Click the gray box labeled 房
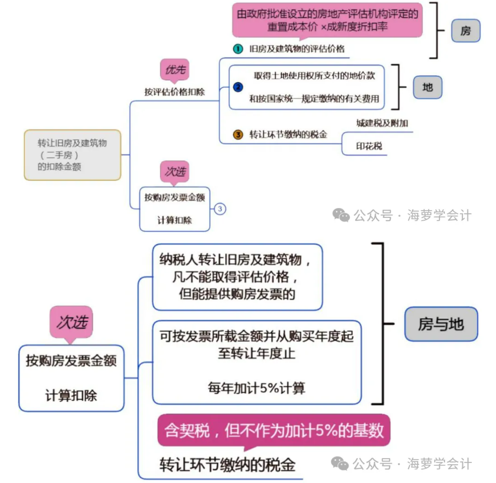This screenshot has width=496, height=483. [465, 31]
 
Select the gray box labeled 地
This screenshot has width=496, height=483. [427, 87]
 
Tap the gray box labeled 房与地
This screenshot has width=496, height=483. [441, 324]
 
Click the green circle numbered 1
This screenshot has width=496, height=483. [238, 49]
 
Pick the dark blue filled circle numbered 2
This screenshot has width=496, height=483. [238, 87]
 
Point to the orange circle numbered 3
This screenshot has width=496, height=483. [238, 135]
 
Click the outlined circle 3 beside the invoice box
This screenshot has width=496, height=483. [220, 209]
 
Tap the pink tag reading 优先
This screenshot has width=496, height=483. [175, 70]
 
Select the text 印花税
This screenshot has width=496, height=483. [369, 146]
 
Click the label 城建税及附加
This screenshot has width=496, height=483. [382, 123]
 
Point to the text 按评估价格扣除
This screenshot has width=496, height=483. [174, 92]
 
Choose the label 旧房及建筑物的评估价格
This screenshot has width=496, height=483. [297, 49]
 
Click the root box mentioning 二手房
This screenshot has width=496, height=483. [72, 155]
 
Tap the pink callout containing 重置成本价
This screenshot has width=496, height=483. [327, 21]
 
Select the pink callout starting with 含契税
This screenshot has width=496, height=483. [274, 430]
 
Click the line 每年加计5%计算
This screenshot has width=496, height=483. [256, 387]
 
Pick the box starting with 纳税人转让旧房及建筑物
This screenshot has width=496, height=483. [237, 277]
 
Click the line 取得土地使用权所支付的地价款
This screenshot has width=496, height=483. [314, 76]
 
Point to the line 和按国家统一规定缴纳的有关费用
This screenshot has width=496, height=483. [314, 99]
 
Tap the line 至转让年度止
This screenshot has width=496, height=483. [256, 354]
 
